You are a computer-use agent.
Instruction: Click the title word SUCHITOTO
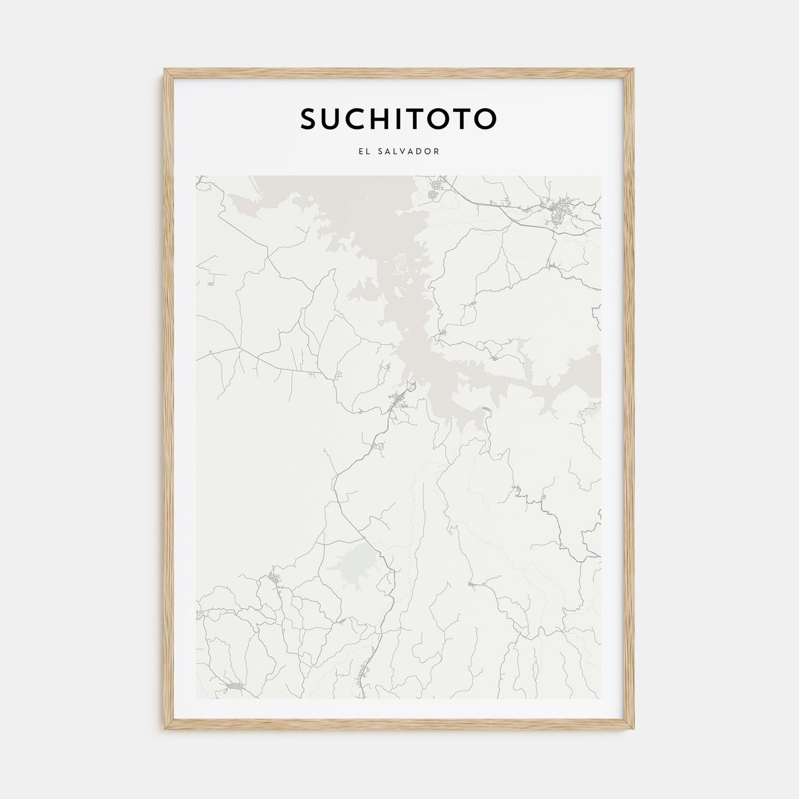click(398, 119)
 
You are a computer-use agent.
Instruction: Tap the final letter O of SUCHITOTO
click(486, 119)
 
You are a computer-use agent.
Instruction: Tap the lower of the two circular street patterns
click(431, 195)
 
